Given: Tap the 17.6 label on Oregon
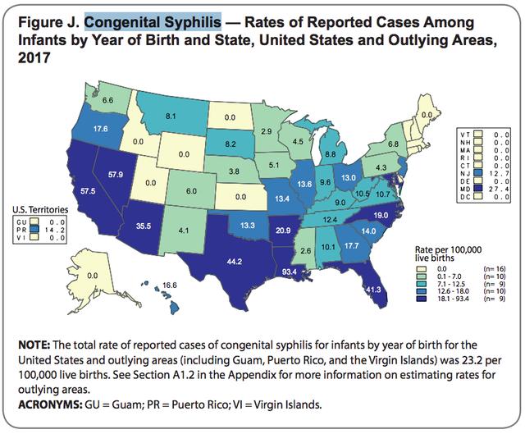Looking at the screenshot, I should coord(79,129).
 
